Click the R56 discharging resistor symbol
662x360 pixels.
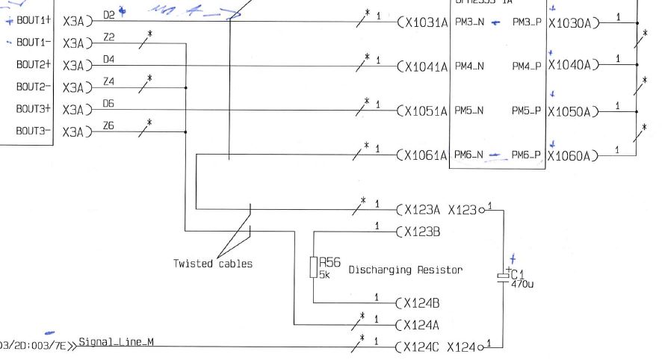[x=314, y=267]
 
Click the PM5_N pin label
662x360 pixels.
[x=469, y=111]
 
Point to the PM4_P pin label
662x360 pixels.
[x=527, y=66]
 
